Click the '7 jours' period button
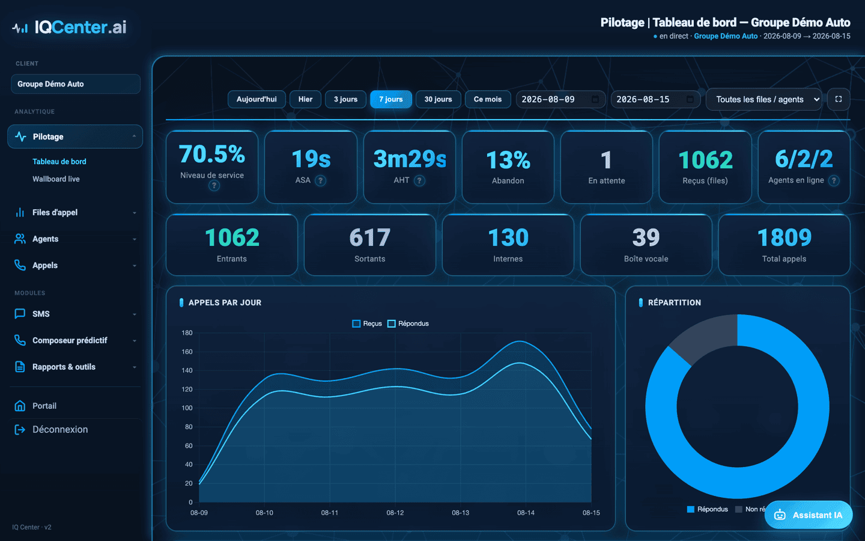(x=391, y=99)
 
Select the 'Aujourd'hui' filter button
(x=256, y=99)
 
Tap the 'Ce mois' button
(x=488, y=99)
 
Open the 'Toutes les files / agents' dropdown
(x=764, y=99)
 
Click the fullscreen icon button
(x=839, y=99)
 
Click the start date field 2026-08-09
(x=560, y=99)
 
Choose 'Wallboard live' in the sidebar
(x=56, y=179)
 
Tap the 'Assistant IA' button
(x=809, y=515)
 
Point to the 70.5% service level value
(x=212, y=154)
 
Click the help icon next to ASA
(x=320, y=180)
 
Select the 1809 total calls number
(x=785, y=237)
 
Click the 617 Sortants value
(x=369, y=237)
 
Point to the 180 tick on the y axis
(x=187, y=333)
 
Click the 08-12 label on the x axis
(x=395, y=513)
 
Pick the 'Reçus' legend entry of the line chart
(x=367, y=323)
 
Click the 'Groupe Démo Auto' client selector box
(x=76, y=84)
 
